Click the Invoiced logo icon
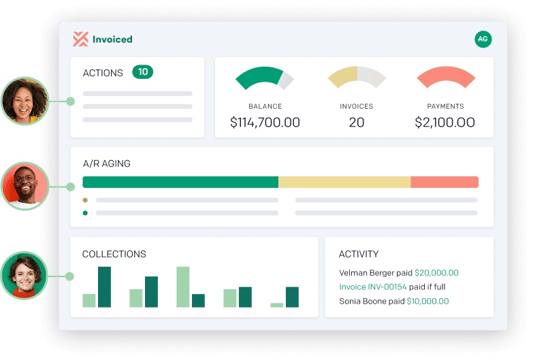point(81,39)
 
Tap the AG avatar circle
point(483,39)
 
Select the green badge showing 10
point(142,72)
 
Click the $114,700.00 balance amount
point(265,122)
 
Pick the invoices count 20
point(356,122)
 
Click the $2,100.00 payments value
point(445,122)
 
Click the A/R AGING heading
point(106,163)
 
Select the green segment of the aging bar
point(180,182)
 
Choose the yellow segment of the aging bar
point(344,182)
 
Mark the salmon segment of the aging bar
point(445,182)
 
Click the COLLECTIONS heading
point(114,254)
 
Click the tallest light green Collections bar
point(182,287)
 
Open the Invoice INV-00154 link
point(372,287)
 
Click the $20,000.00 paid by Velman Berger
point(436,273)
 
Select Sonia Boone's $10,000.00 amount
point(427,301)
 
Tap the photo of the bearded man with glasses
point(25,185)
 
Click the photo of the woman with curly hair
point(25,100)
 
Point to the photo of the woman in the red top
point(25,276)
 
